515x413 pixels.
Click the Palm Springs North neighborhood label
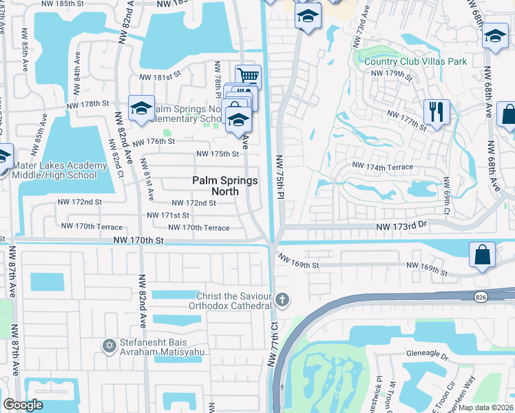224,186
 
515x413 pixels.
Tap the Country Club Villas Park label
415,61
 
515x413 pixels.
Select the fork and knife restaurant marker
437,112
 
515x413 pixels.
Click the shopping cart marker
248,76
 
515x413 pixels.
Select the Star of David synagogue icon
108,346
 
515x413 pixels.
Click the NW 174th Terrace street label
383,167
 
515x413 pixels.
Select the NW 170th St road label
139,241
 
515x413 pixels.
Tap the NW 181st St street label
160,77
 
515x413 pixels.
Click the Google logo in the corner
23,405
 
